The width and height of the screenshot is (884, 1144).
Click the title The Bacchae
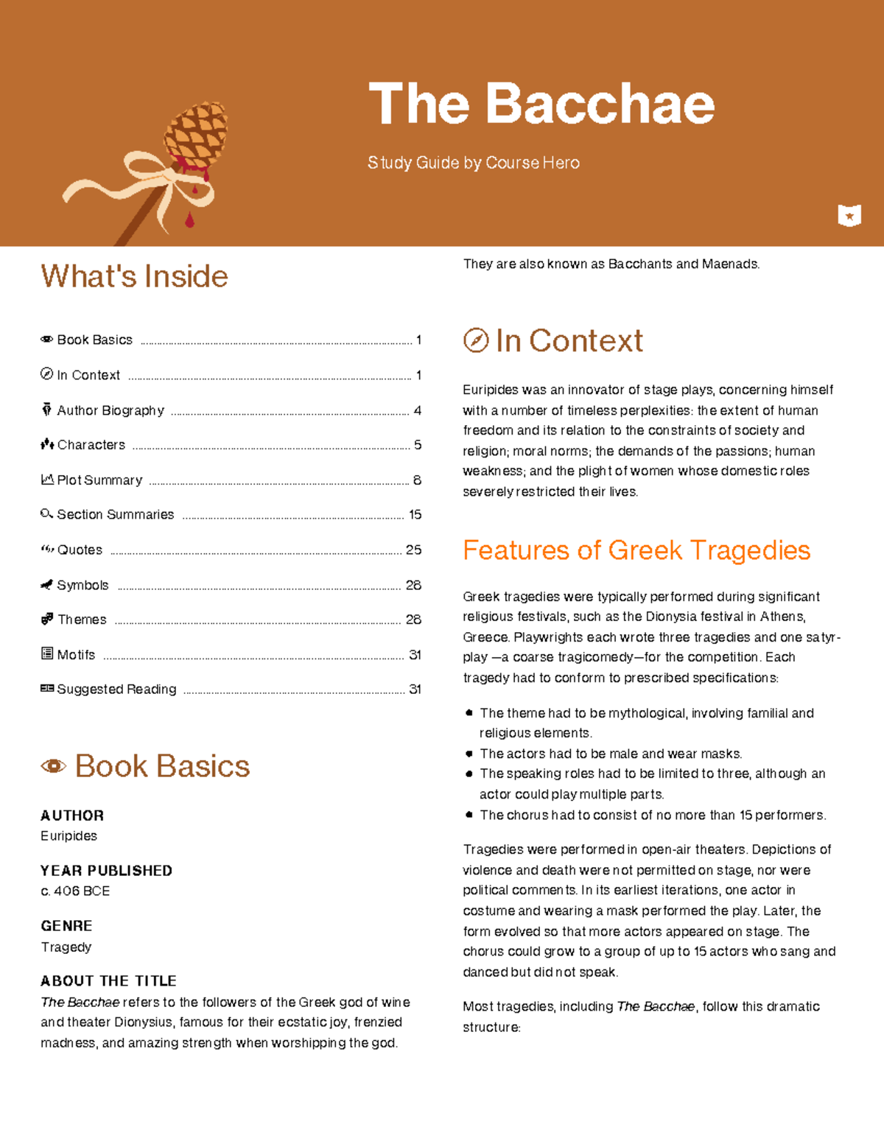pos(541,104)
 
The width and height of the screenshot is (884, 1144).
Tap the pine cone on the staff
pos(196,135)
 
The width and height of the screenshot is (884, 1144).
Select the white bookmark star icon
pos(849,215)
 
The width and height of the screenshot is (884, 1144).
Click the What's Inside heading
pos(134,276)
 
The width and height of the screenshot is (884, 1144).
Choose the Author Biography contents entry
pos(110,410)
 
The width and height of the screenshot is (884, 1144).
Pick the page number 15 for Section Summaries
pos(415,514)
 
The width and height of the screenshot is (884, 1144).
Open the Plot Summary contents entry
pos(99,480)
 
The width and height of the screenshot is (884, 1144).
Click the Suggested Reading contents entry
pos(116,689)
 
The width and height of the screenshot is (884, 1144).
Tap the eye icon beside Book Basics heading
pos(53,766)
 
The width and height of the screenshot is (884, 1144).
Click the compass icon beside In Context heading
pos(476,340)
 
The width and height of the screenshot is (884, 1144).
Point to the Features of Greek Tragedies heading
pos(636,550)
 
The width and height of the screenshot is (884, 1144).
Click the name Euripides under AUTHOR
pos(69,836)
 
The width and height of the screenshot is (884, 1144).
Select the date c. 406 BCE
pos(75,891)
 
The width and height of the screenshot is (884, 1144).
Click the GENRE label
pos(66,926)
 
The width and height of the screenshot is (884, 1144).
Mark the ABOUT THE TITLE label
pos(108,981)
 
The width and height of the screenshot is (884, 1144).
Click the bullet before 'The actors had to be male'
pos(469,754)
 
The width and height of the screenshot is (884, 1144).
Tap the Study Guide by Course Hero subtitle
pos(474,163)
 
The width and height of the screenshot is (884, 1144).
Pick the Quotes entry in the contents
pos(80,550)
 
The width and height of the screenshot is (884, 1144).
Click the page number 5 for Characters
pos(418,445)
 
